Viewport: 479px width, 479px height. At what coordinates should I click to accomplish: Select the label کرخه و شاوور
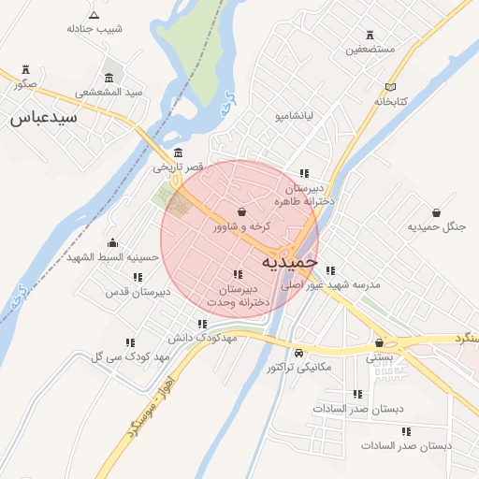242,226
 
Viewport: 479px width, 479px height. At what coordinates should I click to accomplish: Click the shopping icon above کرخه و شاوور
242,212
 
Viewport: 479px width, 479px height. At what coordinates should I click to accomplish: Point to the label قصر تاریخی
178,167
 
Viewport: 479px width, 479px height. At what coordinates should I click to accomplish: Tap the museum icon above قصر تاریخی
178,152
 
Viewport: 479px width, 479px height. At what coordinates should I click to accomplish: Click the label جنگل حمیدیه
437,226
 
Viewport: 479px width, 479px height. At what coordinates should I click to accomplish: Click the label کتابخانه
393,101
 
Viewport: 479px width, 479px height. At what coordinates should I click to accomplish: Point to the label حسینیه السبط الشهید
112,256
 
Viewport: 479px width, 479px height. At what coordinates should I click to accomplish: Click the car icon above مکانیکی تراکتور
298,354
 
